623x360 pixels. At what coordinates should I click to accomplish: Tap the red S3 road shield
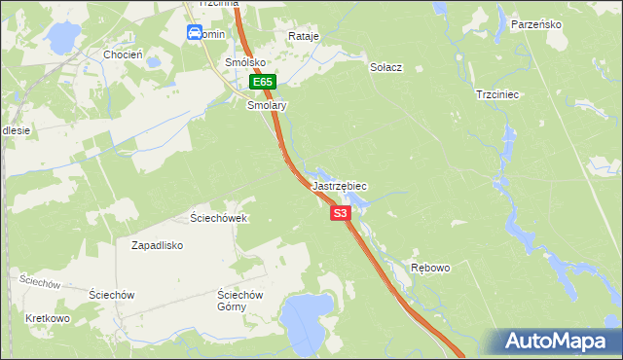[340, 213]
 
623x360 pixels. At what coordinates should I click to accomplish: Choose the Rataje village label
[304, 36]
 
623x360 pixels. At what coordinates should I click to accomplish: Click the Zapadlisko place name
[158, 246]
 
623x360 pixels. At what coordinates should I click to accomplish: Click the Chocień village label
[124, 54]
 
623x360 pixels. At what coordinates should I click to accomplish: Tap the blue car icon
[195, 33]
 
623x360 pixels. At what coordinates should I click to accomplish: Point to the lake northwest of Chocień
[61, 38]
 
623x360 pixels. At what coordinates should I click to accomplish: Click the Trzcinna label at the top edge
[218, 4]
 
